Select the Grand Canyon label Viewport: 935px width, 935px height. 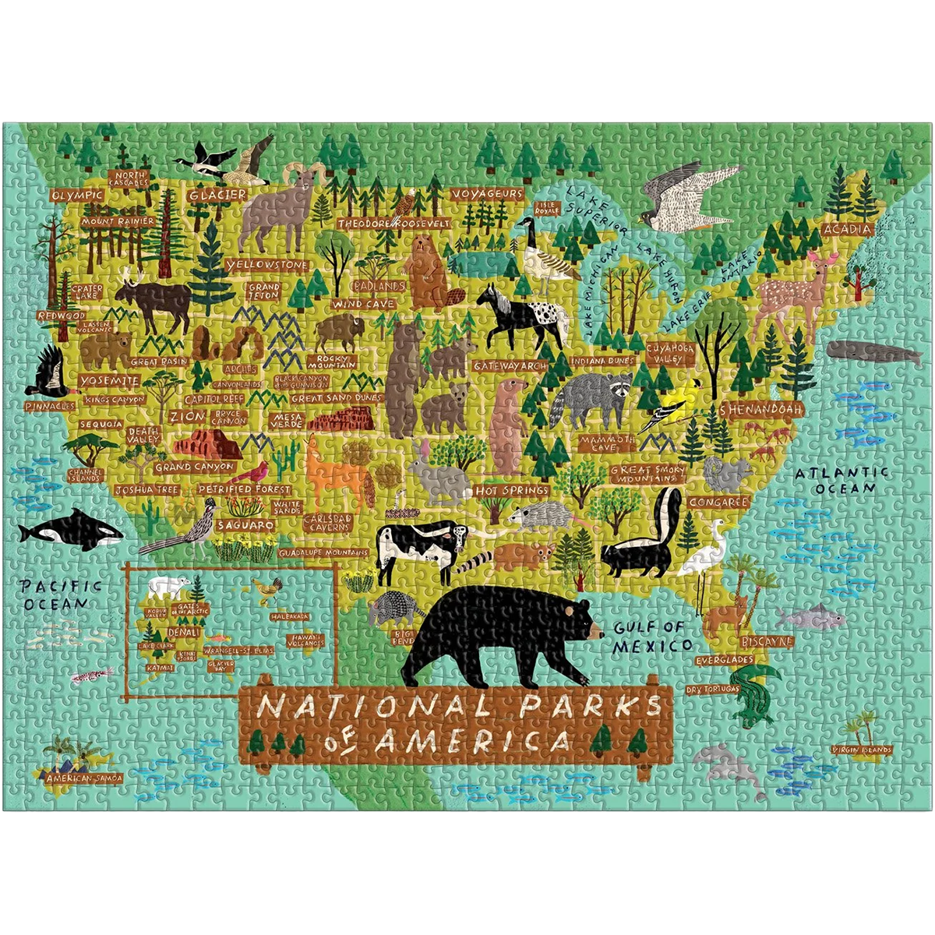point(195,467)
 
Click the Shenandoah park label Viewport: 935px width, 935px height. point(764,408)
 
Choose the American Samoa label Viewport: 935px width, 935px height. point(84,777)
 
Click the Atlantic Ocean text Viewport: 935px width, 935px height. point(841,480)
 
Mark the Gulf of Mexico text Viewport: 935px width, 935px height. point(651,636)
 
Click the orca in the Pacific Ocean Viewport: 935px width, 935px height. point(70,531)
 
